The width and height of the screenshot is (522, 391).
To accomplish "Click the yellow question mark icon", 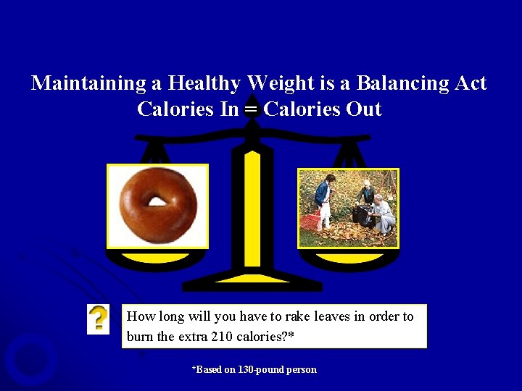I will pyautogui.click(x=99, y=319).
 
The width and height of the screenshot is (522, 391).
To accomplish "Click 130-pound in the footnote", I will pyautogui.click(x=261, y=370).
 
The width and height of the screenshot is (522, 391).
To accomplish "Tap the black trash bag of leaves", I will pyautogui.click(x=360, y=215).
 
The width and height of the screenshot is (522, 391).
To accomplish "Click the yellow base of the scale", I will pyautogui.click(x=251, y=277).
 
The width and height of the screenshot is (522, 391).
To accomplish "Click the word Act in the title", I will pyautogui.click(x=471, y=83).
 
